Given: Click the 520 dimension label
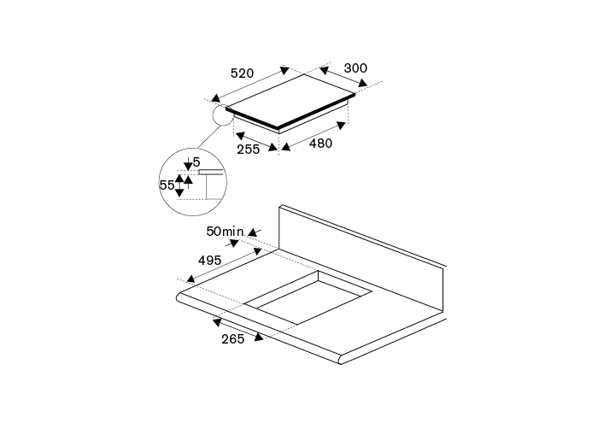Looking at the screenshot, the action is click(242, 73).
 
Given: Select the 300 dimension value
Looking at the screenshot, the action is click(355, 68).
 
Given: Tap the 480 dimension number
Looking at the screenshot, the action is click(320, 144).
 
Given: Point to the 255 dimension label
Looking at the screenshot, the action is click(249, 150).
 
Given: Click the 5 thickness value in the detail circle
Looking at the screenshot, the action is click(196, 162).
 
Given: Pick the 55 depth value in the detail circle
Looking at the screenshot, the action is click(167, 185).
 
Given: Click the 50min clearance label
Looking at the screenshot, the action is click(225, 231).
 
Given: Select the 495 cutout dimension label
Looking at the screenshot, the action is click(210, 260).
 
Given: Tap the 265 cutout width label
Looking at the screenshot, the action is click(232, 338).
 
